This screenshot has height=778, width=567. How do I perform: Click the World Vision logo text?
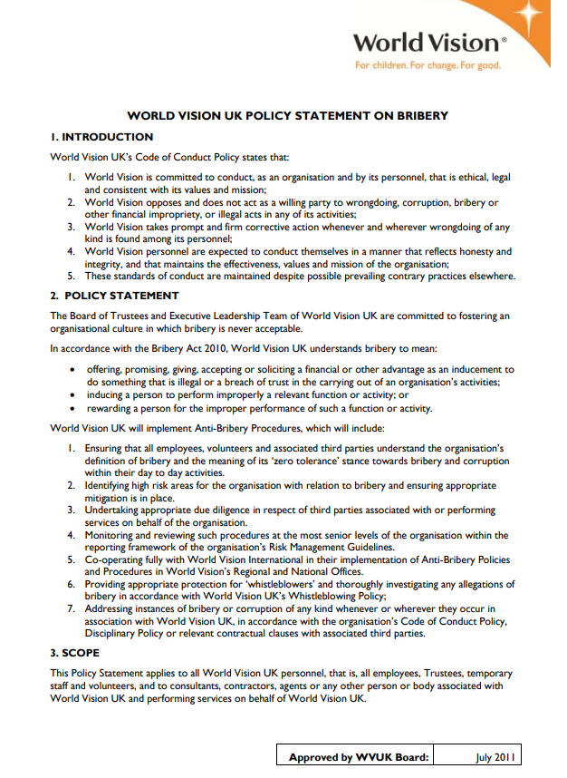click(425, 42)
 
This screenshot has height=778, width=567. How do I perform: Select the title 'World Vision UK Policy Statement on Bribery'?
click(287, 116)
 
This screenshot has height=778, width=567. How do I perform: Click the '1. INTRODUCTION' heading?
click(101, 137)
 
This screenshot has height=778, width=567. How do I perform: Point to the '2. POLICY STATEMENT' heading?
click(114, 296)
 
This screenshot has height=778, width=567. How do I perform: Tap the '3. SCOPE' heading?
click(75, 653)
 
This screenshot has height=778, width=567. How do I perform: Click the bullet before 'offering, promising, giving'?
click(72, 370)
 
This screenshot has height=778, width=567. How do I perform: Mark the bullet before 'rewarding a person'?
click(72, 408)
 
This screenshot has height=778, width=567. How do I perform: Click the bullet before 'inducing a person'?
click(72, 395)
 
